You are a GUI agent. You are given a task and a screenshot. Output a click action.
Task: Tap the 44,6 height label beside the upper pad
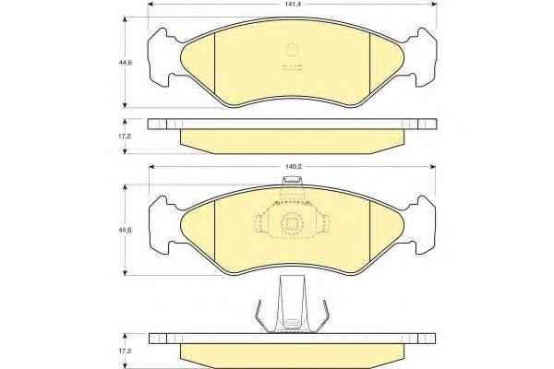(x=126, y=63)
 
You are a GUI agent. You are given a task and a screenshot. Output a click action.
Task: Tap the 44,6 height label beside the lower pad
(x=126, y=230)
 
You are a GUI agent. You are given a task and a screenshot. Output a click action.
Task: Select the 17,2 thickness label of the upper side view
(x=125, y=136)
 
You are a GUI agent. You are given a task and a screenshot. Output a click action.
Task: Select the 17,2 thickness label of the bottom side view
(x=125, y=351)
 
